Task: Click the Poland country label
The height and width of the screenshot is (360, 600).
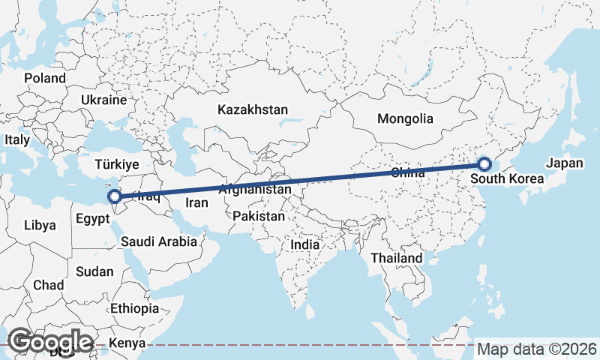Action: point(45,78)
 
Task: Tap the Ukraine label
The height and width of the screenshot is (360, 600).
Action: point(104,100)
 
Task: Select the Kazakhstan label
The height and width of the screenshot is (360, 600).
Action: point(253,109)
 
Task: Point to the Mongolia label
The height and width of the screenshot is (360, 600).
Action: point(405,118)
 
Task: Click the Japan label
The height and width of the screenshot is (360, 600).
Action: point(564,163)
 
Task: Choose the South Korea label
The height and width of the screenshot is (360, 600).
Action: point(507,179)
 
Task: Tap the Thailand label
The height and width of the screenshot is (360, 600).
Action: point(397,258)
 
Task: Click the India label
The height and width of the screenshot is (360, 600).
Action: point(305,244)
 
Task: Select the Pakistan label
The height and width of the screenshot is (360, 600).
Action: point(259,216)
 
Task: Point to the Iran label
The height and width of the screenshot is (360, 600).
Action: point(196,202)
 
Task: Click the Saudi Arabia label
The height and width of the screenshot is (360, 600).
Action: point(158,241)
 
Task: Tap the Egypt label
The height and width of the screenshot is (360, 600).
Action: point(94,221)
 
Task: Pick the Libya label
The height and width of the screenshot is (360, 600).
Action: point(40,225)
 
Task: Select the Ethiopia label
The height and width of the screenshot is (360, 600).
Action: point(134,308)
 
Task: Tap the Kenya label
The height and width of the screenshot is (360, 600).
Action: point(126,344)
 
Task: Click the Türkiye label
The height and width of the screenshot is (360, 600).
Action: point(117,164)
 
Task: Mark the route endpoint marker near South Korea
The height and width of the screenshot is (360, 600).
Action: point(484,164)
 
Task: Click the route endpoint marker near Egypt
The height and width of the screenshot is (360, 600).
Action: point(115,197)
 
